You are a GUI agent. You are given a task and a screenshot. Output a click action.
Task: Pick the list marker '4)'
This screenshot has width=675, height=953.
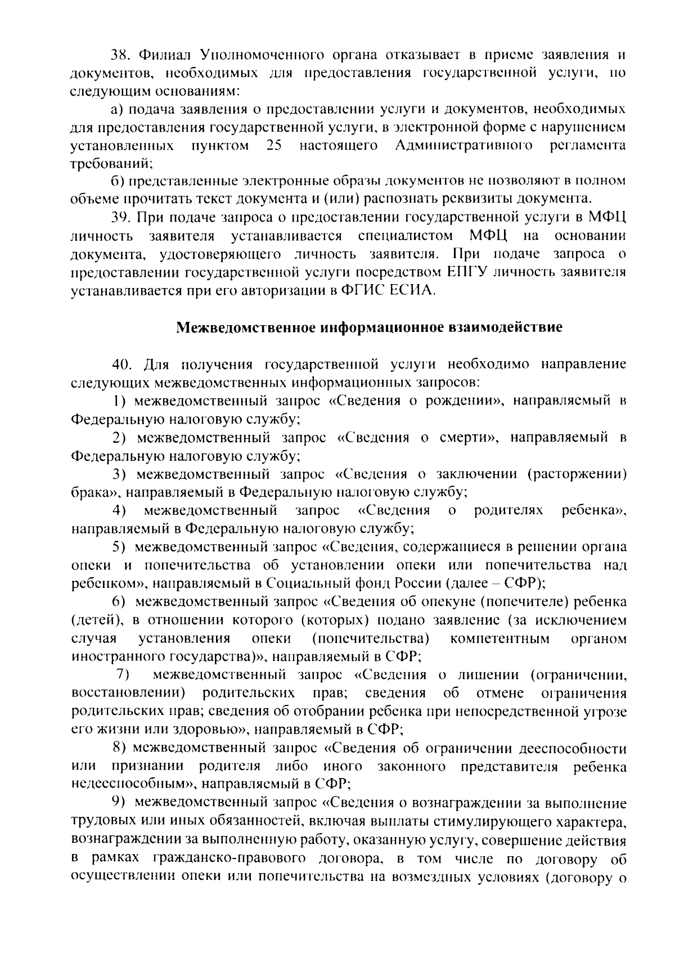coord(119,511)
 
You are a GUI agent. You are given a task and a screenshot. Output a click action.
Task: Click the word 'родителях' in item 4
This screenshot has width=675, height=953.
coord(508,511)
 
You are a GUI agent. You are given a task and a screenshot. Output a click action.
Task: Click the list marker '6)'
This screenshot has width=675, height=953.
coord(118,602)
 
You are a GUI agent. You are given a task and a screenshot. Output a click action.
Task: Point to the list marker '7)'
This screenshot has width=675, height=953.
coord(123,675)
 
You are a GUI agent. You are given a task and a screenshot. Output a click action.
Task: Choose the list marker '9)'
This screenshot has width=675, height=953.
coord(118,802)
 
